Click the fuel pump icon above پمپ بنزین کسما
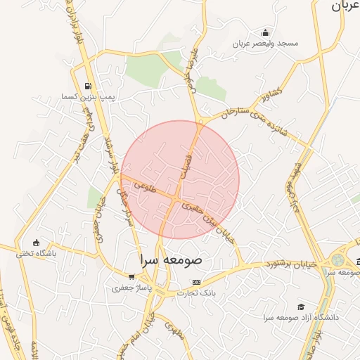pyautogui.click(x=88, y=85)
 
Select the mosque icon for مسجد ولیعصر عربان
pyautogui.click(x=265, y=32)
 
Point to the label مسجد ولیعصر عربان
pyautogui.click(x=268, y=44)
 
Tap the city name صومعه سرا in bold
pyautogui.click(x=171, y=259)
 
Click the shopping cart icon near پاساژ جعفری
pyautogui.click(x=131, y=276)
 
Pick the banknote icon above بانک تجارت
pyautogui.click(x=196, y=282)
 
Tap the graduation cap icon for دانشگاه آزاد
pyautogui.click(x=301, y=307)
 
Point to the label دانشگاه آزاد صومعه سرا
pyautogui.click(x=302, y=318)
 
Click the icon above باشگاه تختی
pyautogui.click(x=37, y=243)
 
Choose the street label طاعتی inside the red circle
pyautogui.click(x=141, y=186)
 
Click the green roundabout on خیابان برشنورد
pyautogui.click(x=338, y=259)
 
